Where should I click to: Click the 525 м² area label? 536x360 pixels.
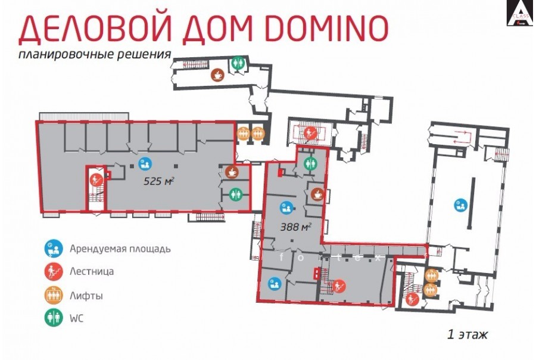point(158,181)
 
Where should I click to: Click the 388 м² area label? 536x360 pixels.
point(295,226)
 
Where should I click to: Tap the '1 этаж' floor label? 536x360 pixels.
point(468,334)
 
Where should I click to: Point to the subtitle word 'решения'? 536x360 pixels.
point(144,55)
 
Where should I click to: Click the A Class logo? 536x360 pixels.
point(519,13)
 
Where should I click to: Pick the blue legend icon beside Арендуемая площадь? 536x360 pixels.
point(54,248)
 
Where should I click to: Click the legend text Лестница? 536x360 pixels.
point(92,271)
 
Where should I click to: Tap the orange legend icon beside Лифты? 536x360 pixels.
point(54,295)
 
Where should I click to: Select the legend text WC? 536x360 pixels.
point(77,319)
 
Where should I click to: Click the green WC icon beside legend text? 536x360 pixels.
point(54,318)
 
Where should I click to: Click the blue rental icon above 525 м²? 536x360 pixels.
point(145,164)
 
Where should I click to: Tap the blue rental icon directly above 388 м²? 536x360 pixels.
point(285,208)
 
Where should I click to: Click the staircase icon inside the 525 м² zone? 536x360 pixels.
point(96,179)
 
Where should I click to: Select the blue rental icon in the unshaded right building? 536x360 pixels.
point(461,205)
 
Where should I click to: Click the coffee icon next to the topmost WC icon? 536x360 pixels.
point(217,75)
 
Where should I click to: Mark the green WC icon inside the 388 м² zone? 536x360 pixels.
point(310,163)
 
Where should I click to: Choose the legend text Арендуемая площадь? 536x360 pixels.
point(120,249)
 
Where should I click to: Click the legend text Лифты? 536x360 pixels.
point(86,296)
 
